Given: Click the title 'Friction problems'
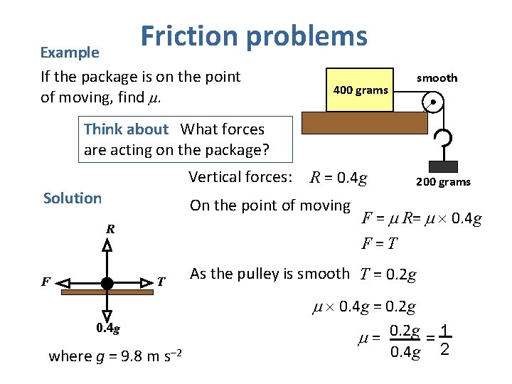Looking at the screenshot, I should [254, 36].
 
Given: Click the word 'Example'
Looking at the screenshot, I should [70, 53].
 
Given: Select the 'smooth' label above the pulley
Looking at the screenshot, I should [437, 78].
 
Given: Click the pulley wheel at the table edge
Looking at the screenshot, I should [432, 104].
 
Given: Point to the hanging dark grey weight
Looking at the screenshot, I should [442, 167].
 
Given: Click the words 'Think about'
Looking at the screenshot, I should [126, 129].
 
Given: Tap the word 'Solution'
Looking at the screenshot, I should [73, 198].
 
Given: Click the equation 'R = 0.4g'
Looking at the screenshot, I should [338, 178].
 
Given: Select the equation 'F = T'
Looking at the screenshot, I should [379, 244].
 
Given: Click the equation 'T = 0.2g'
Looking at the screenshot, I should [388, 274].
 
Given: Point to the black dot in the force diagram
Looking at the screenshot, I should [107, 283].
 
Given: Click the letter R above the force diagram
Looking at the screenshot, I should [111, 229].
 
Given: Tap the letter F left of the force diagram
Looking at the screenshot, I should [45, 282].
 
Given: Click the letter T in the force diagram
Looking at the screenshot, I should [161, 282].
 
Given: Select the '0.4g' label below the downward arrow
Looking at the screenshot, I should [108, 328].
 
